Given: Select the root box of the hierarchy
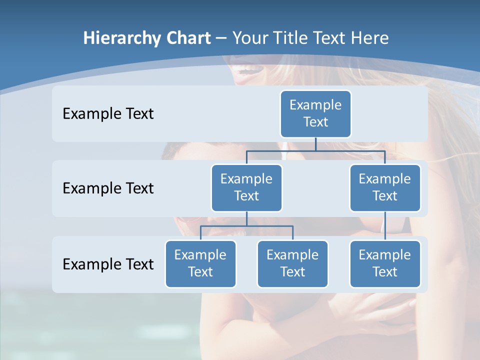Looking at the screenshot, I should [315, 114].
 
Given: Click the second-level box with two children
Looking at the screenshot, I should [246, 188].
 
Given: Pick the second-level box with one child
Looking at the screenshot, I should [385, 188].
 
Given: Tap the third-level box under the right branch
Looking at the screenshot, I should [385, 264].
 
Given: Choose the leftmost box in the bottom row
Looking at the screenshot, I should [200, 264].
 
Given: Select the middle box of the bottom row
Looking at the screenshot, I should [292, 264].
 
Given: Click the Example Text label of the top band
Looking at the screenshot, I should [108, 114].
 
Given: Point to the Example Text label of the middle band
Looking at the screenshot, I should [108, 188].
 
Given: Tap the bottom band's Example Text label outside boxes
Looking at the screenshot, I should [108, 264].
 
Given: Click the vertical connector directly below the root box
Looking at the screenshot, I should [315, 144].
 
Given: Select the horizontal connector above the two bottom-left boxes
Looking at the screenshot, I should [246, 226].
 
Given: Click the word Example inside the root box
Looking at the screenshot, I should [315, 105].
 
